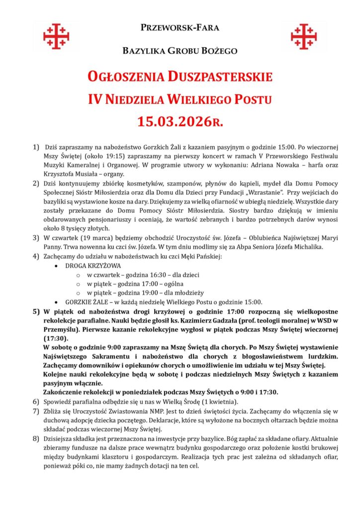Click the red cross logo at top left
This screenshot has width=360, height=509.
pos(56,36)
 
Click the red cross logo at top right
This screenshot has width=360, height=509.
pos(304,36)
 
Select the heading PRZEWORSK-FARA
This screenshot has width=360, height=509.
pos(180,28)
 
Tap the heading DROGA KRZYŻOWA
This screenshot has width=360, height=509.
pos(93,266)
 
